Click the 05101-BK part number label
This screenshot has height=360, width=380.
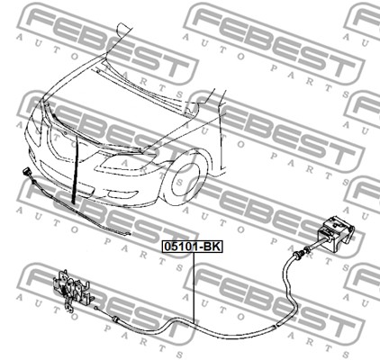(x=192, y=247)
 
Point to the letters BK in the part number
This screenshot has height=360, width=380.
(x=212, y=247)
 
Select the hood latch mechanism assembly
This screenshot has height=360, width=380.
(x=74, y=291)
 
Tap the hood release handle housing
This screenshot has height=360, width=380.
(x=336, y=233)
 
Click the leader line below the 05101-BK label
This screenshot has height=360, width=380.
(x=194, y=288)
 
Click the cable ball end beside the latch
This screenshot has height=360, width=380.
(x=95, y=308)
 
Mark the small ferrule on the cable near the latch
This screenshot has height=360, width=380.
(x=114, y=319)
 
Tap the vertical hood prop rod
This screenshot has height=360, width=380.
(x=75, y=169)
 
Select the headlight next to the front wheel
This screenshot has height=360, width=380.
(x=126, y=163)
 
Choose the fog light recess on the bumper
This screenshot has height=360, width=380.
(x=122, y=194)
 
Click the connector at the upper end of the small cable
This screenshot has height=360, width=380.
(x=25, y=173)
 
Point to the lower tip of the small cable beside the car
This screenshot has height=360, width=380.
(x=129, y=234)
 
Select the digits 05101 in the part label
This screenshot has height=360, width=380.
(x=182, y=247)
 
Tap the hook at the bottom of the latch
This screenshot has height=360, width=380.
(x=69, y=310)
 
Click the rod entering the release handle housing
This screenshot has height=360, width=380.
(x=320, y=243)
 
